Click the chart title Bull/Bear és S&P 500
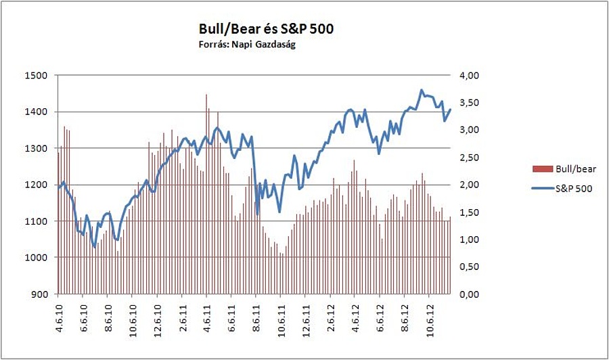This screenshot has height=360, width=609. pyautogui.click(x=266, y=29)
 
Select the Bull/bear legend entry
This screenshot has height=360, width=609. pyautogui.click(x=565, y=168)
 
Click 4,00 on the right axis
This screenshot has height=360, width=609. pyautogui.click(x=470, y=75)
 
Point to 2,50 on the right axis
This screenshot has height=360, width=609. pyautogui.click(x=470, y=158)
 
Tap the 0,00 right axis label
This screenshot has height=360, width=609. pyautogui.click(x=470, y=294)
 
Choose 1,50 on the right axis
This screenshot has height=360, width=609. pyautogui.click(x=470, y=212)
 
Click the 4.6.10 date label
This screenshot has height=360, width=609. pyautogui.click(x=59, y=315)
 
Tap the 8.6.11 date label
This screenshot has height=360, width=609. pyautogui.click(x=256, y=315)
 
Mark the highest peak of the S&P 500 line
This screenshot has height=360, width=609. pyautogui.click(x=422, y=90)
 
